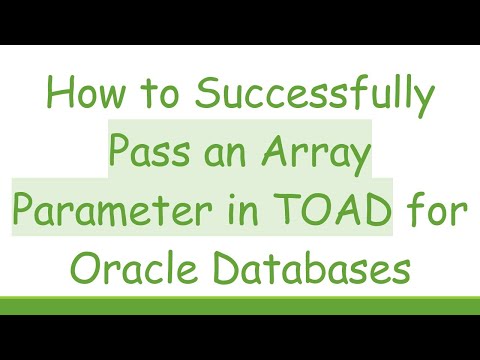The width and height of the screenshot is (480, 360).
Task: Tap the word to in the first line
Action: click(159, 98)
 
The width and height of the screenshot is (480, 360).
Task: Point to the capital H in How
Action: click(58, 97)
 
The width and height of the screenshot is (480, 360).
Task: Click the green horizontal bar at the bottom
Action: click(240, 305)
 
